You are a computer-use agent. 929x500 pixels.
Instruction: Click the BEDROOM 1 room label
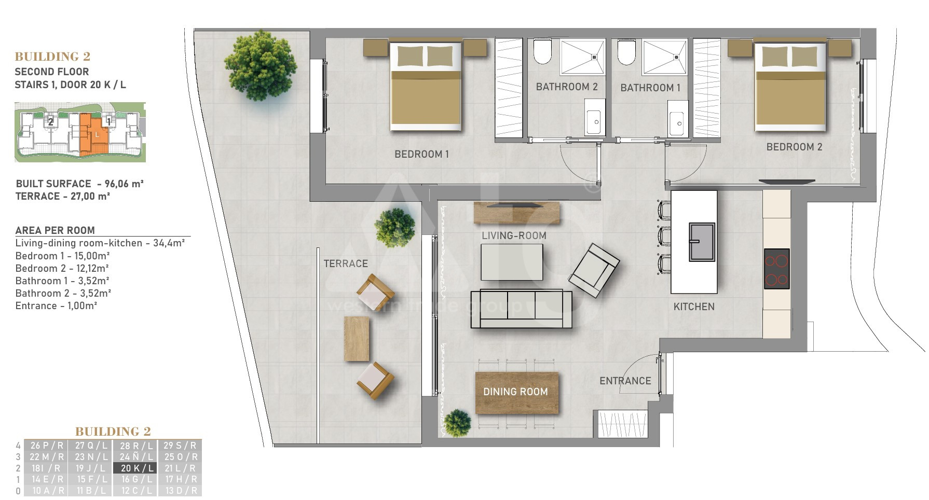[421, 154]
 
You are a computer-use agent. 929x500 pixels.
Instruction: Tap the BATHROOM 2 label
[567, 87]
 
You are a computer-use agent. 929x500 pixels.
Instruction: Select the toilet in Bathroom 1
[626, 52]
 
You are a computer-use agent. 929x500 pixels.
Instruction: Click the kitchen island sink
[702, 242]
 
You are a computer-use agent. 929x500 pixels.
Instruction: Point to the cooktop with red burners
[777, 269]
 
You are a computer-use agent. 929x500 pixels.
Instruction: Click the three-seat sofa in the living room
[521, 309]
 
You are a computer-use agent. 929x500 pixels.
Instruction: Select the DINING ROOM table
[517, 393]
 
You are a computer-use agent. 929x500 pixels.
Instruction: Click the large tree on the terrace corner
[261, 65]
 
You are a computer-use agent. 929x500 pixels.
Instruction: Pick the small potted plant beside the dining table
[457, 423]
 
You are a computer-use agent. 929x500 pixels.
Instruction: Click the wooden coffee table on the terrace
[357, 339]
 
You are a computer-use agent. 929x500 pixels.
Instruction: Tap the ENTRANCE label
[625, 381]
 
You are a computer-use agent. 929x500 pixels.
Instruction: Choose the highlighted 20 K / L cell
[135, 468]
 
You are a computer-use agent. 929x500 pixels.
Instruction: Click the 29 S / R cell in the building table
[180, 445]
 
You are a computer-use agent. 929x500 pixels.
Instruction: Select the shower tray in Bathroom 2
[582, 57]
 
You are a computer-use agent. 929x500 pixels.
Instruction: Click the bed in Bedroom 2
[790, 86]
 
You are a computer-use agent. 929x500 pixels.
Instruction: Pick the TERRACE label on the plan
[346, 263]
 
